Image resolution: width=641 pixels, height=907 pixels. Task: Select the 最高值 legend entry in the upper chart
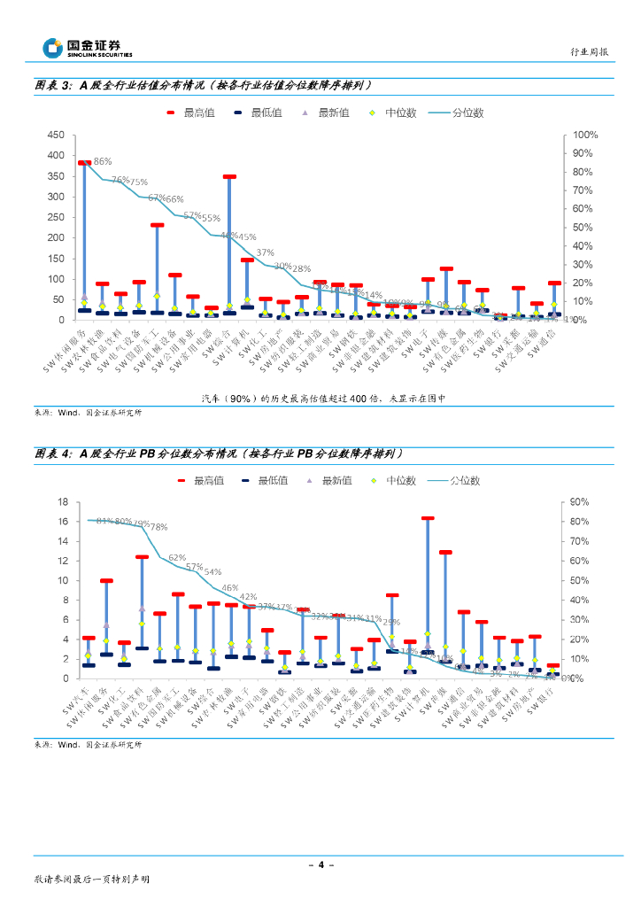(192, 112)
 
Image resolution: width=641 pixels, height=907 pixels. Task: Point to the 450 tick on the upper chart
(56, 135)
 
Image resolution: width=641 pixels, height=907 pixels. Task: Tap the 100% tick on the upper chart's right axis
(586, 135)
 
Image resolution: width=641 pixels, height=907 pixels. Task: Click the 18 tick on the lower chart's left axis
(62, 501)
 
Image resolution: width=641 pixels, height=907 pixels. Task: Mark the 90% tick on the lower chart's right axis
(581, 501)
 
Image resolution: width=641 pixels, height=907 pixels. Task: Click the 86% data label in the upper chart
(103, 161)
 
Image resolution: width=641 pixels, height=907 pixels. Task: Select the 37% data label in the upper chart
(265, 252)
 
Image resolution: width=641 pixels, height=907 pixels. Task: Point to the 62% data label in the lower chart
(177, 558)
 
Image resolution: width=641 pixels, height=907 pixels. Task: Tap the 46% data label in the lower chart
(229, 587)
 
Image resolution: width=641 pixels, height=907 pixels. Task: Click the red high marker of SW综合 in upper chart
(229, 177)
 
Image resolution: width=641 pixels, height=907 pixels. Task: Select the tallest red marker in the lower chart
(428, 518)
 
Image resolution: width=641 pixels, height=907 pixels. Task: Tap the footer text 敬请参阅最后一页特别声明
(91, 880)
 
